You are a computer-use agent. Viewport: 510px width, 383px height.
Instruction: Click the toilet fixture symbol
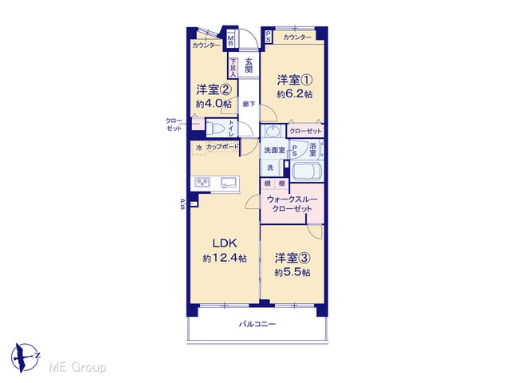216,128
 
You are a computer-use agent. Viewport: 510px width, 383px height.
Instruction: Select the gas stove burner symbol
202,183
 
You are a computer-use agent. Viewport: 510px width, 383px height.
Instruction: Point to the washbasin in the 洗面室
272,131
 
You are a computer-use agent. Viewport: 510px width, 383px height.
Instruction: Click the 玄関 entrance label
249,65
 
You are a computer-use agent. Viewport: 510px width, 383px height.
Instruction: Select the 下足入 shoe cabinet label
233,68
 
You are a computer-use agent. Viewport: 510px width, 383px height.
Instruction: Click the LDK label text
225,243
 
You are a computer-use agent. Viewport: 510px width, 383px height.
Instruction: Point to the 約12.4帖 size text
225,259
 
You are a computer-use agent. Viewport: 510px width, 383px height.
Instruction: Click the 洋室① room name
295,80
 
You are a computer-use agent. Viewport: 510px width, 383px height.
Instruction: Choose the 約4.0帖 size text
214,104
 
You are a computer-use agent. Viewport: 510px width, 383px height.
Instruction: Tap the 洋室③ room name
292,258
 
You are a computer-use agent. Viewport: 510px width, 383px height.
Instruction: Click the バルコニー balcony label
257,324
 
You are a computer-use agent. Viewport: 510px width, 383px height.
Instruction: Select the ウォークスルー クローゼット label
292,204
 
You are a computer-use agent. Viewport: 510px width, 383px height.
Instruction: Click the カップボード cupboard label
222,147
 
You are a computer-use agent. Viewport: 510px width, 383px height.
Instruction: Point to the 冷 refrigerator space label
198,148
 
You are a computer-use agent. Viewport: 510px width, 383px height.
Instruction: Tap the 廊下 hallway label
249,105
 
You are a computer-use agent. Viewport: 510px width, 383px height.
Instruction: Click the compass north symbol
25,358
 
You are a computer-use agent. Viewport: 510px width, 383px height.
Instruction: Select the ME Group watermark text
78,367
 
